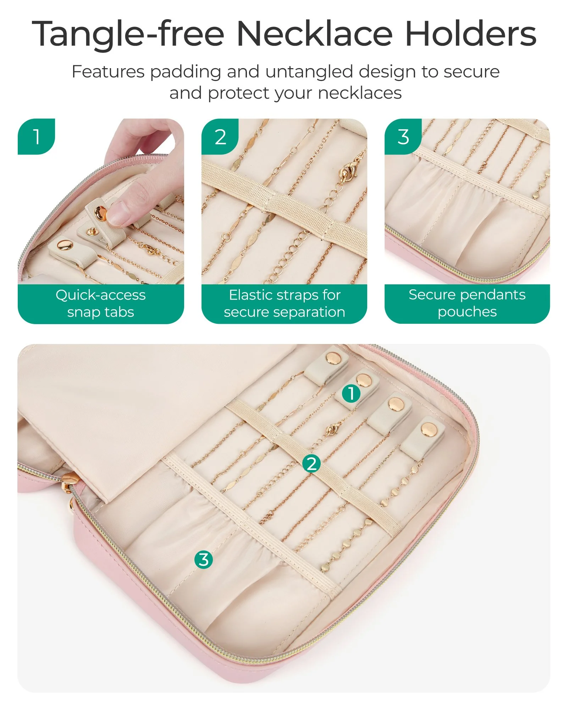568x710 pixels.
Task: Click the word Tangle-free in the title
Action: point(128,34)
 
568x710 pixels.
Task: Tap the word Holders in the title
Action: point(470,33)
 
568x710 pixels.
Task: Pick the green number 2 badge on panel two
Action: point(220,136)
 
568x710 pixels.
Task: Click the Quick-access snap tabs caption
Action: point(101,304)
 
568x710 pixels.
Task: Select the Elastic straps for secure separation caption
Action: point(285,304)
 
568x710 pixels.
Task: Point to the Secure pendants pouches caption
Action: point(467,303)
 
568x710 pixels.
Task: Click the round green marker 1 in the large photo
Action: point(351,393)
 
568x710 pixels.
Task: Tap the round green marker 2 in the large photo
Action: point(311,464)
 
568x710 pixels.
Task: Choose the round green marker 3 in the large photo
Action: point(204,559)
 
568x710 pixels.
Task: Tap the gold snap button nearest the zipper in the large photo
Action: point(429,430)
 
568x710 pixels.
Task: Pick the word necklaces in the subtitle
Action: point(360,93)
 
